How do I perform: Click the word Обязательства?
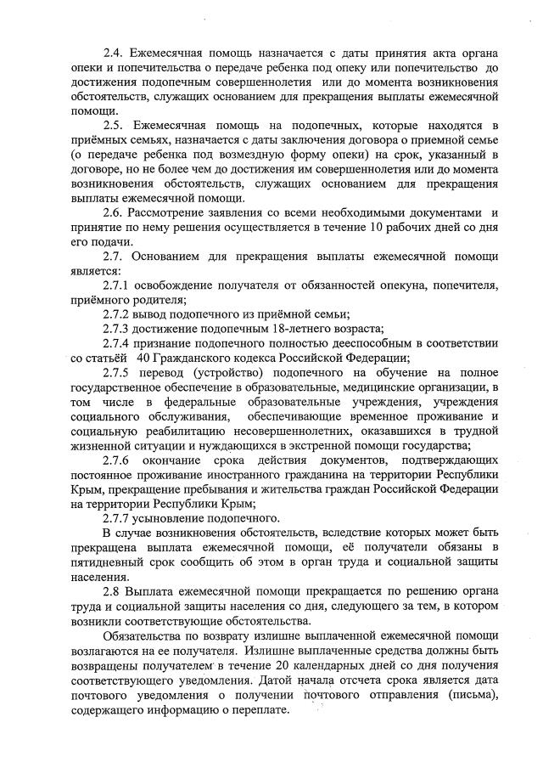148,636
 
